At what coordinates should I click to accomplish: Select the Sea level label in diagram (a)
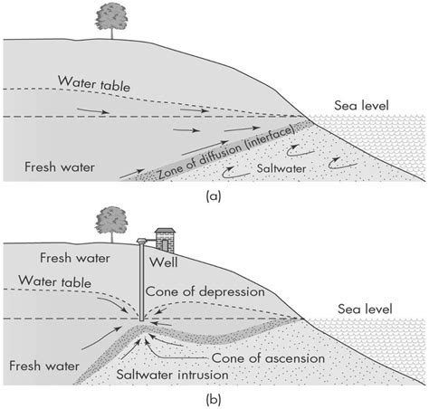pyautogui.click(x=361, y=105)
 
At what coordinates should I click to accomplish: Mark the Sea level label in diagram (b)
pyautogui.click(x=361, y=308)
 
